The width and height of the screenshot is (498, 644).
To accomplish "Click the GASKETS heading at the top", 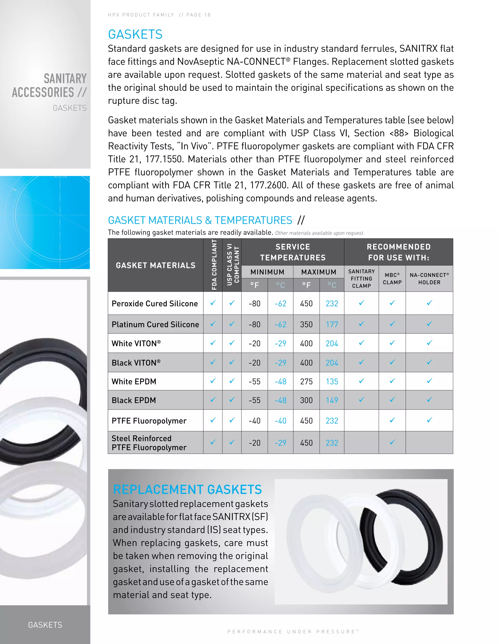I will [x=135, y=35].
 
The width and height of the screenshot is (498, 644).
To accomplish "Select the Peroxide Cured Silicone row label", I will [x=155, y=304].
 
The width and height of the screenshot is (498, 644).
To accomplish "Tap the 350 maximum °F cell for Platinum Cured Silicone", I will [x=306, y=324].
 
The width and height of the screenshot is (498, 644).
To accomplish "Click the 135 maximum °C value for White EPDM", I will [x=332, y=382].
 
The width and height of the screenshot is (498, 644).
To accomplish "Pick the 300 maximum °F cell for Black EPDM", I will [x=306, y=400].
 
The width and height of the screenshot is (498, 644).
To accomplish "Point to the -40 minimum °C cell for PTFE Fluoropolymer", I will [x=280, y=421].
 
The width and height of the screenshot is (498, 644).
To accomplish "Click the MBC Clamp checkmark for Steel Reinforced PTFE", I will [x=392, y=442].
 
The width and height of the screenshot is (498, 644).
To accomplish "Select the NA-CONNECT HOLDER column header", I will [x=429, y=279].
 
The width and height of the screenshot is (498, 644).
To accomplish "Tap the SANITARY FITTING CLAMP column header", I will [x=361, y=279].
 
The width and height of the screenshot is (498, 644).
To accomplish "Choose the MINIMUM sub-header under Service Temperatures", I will [x=267, y=272].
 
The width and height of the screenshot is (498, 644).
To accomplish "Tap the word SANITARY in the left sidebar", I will [x=65, y=79].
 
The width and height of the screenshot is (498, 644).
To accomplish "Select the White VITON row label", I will [x=136, y=344].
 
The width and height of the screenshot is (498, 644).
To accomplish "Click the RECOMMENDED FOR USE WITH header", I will [x=398, y=252].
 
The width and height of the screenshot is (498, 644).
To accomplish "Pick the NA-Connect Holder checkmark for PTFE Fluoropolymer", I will [x=429, y=420].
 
